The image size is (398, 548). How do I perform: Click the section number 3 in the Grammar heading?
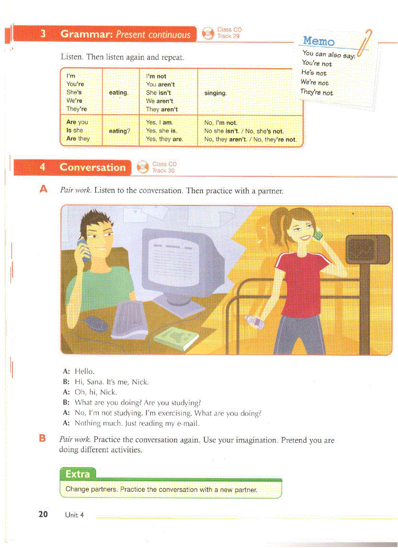(43, 34)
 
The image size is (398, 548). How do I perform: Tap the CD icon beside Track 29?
(208, 33)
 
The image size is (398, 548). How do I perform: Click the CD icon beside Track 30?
(143, 167)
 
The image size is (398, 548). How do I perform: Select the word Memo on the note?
(318, 41)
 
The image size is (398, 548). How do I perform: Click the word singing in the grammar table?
(215, 93)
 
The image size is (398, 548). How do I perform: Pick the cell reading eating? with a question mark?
(119, 131)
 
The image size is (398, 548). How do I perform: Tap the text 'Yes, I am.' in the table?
(159, 123)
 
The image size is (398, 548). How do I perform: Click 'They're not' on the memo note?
(317, 92)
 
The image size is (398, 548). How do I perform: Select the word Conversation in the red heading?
(93, 167)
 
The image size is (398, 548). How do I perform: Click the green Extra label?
(78, 474)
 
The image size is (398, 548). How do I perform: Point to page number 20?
(43, 514)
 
